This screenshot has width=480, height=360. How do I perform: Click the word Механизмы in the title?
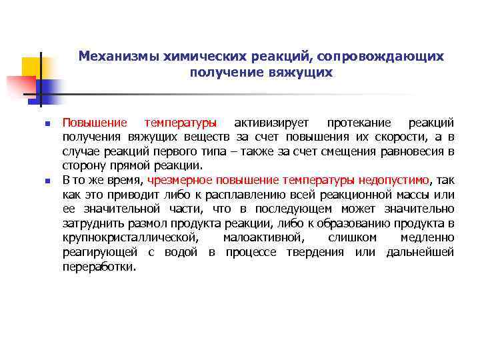pyautogui.click(x=115, y=56)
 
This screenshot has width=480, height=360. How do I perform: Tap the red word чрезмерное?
pyautogui.click(x=180, y=180)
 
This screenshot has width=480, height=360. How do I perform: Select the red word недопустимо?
pyautogui.click(x=395, y=180)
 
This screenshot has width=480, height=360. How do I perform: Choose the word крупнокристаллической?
pyautogui.click(x=129, y=238)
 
